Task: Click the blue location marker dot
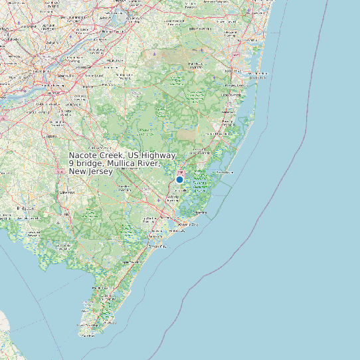coord(179,179)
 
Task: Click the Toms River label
coord(234,86)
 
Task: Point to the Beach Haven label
coord(225,171)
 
